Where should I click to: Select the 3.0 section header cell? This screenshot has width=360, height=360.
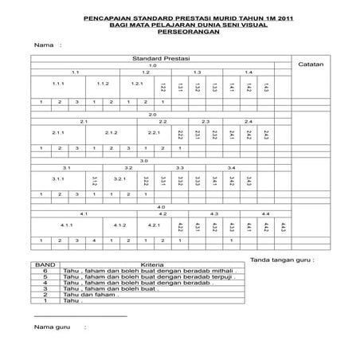click(144, 161)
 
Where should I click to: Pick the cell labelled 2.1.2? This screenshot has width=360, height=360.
click(112, 131)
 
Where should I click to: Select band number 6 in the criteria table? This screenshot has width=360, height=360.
click(45, 271)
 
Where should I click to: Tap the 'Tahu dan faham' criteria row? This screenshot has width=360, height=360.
click(92, 294)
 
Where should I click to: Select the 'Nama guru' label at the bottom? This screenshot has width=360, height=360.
click(53, 326)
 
